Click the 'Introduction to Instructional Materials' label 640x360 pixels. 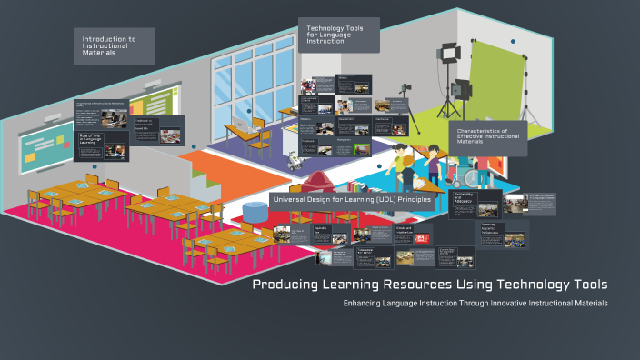coord(114,45)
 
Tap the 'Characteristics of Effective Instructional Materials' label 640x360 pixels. coord(486,137)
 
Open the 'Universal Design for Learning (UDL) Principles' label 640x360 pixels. coord(351,199)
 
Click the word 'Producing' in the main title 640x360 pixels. coord(285,285)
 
